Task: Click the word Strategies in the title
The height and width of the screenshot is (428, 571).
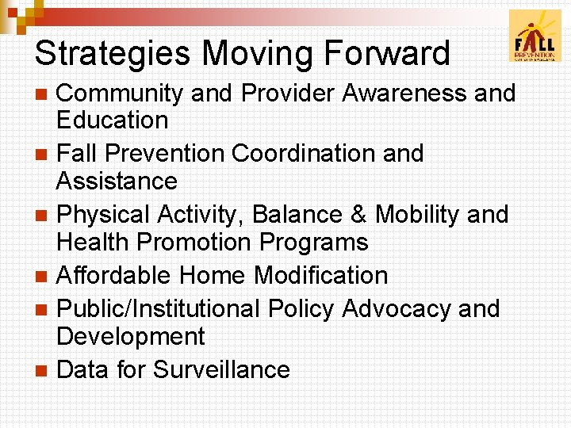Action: click(x=113, y=54)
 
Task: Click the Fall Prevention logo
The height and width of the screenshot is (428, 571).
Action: click(x=535, y=36)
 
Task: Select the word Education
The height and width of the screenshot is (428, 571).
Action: click(x=112, y=120)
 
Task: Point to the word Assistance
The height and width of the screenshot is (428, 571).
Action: click(x=117, y=182)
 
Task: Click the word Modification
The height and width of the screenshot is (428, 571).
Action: click(x=320, y=276)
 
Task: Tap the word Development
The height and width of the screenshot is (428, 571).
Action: click(x=131, y=337)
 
